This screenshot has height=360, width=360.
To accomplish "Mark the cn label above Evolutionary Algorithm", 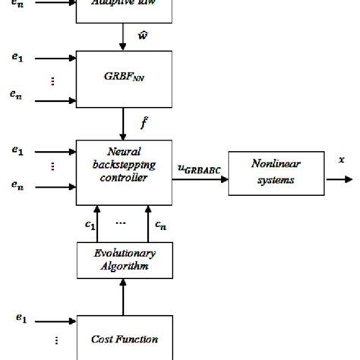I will point(159,225).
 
